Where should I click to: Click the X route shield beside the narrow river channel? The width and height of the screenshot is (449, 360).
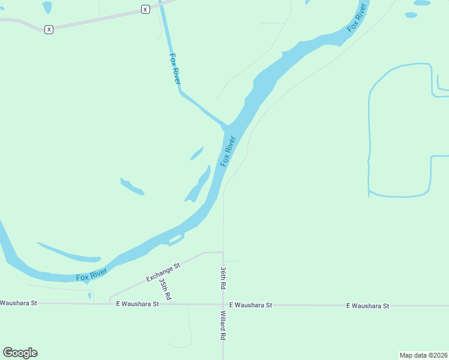pyautogui.click(x=145, y=9)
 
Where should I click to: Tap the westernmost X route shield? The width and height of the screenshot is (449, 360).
pyautogui.click(x=49, y=29)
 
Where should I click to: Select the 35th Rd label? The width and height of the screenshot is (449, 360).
pyautogui.click(x=166, y=289)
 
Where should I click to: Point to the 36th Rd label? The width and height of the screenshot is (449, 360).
pyautogui.click(x=223, y=278)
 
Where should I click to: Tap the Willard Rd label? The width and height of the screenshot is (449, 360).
pyautogui.click(x=223, y=326)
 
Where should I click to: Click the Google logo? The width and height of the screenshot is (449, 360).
pyautogui.click(x=20, y=353)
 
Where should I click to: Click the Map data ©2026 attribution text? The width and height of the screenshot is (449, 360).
pyautogui.click(x=423, y=355)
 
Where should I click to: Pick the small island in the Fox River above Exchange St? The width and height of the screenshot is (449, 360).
pyautogui.click(x=175, y=240)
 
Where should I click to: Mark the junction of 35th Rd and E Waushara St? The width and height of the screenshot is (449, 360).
pyautogui.click(x=170, y=304)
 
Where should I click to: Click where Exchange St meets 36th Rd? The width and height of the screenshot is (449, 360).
pyautogui.click(x=223, y=253)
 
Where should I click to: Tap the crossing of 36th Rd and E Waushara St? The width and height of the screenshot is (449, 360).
pyautogui.click(x=223, y=304)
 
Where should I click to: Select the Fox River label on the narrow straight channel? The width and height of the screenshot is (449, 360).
pyautogui.click(x=175, y=68)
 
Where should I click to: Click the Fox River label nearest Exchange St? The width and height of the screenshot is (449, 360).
pyautogui.click(x=91, y=275)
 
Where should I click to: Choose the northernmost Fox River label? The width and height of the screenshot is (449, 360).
pyautogui.click(x=357, y=18)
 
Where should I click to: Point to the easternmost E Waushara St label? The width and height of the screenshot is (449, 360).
pyautogui.click(x=368, y=306)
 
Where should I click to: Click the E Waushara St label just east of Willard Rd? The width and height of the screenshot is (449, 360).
pyautogui.click(x=250, y=305)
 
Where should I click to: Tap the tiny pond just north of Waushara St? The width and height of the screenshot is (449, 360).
pyautogui.click(x=89, y=295)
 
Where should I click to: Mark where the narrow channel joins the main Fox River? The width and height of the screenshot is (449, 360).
pyautogui.click(x=226, y=127)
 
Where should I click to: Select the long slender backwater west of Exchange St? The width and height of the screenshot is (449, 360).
pyautogui.click(x=69, y=253)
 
